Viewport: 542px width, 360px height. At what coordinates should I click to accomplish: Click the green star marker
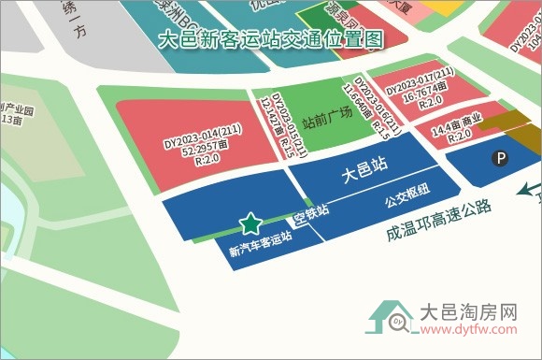coord(250,223)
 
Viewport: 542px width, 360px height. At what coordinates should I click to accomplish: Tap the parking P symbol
coord(502,159)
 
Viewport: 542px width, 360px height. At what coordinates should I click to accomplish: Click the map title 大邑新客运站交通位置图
coord(272,40)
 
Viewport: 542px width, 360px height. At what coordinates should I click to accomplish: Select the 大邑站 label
coord(362,175)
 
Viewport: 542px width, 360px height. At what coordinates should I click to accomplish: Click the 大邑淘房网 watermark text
coord(468,311)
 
